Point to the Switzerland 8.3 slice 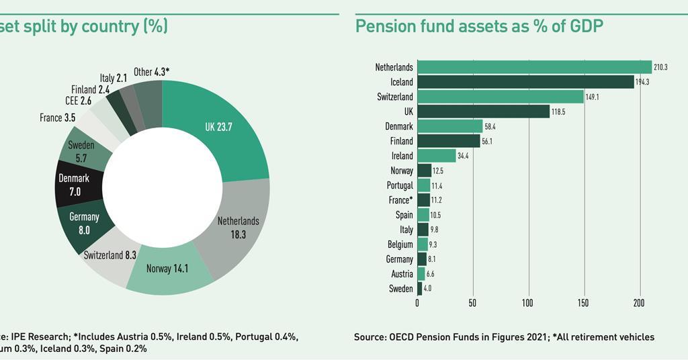(110, 255)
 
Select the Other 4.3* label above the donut (152, 72)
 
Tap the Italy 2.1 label (113, 79)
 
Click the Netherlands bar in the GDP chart (534, 67)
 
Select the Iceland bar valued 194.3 (525, 82)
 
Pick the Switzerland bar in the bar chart (501, 97)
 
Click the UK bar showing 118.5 (483, 111)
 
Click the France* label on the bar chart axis (400, 200)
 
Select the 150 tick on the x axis (583, 303)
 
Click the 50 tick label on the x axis (472, 303)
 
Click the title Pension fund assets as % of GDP (479, 26)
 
